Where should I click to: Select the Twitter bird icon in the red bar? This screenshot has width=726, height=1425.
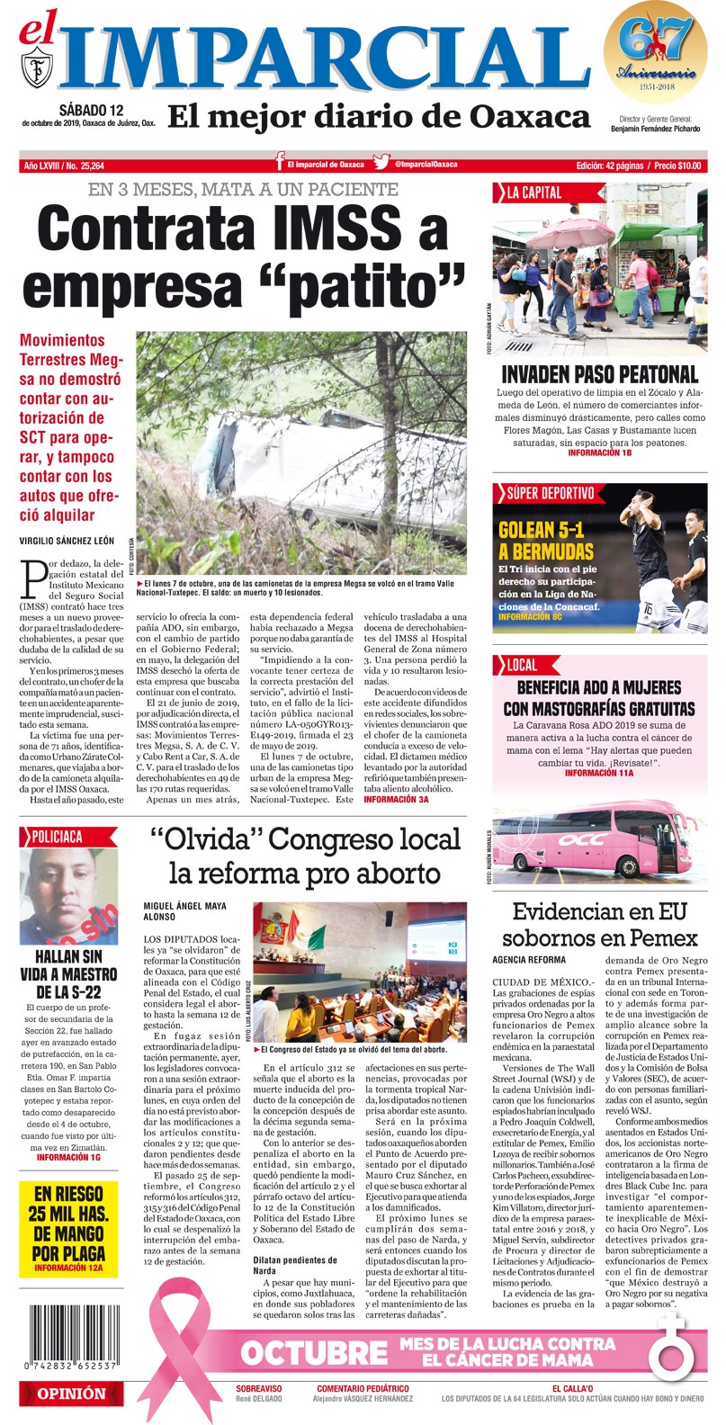click(x=381, y=164)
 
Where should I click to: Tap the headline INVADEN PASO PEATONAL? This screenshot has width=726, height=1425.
click(x=599, y=374)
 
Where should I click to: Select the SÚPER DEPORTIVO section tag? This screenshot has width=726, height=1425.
click(x=550, y=493)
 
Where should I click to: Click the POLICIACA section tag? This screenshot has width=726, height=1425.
click(x=57, y=837)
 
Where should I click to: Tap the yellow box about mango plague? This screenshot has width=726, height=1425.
click(x=68, y=1229)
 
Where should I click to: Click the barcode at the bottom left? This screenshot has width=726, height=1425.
click(x=68, y=1337)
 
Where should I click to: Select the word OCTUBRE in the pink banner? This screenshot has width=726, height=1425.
click(x=313, y=1352)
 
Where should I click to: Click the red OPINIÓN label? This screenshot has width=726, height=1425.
click(x=70, y=1394)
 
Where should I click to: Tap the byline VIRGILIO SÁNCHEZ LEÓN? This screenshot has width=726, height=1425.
click(x=67, y=541)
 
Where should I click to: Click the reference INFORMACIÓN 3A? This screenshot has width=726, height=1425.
click(x=396, y=799)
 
